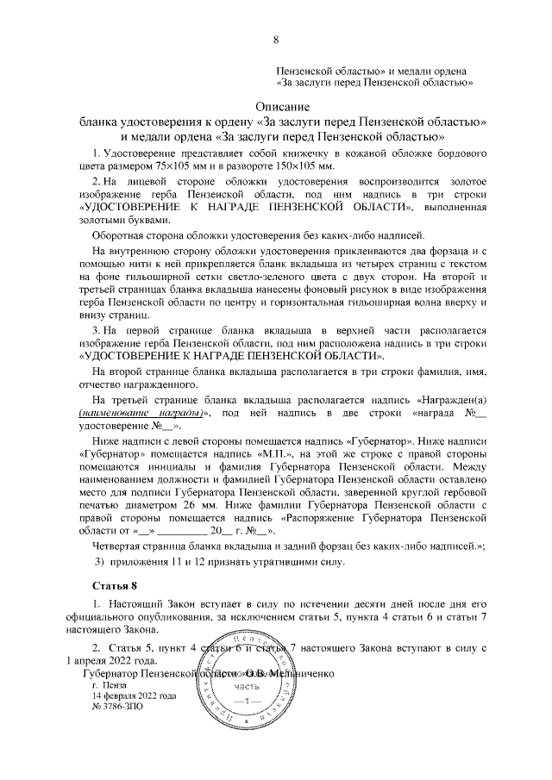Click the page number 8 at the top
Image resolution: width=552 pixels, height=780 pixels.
coord(276,40)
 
